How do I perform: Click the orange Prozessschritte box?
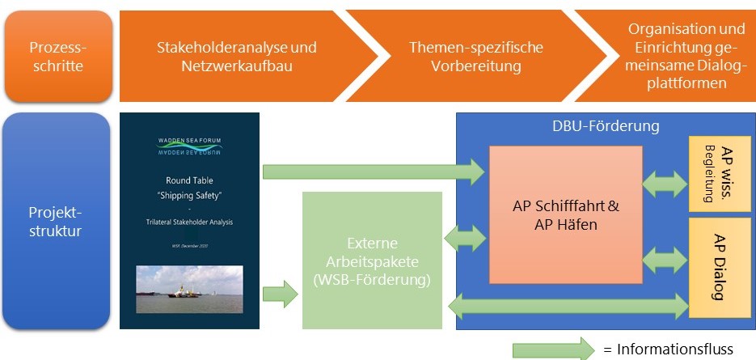coord(57,56)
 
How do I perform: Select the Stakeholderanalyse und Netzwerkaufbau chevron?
coord(236,56)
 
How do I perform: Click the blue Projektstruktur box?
coord(57,221)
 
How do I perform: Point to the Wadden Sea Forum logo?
coord(189,146)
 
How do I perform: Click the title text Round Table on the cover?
coord(189,180)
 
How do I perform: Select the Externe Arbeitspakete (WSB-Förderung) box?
coord(372,260)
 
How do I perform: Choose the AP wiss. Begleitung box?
coord(719,173)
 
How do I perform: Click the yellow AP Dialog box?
coord(719,267)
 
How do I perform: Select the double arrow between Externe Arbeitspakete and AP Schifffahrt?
coord(466,238)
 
